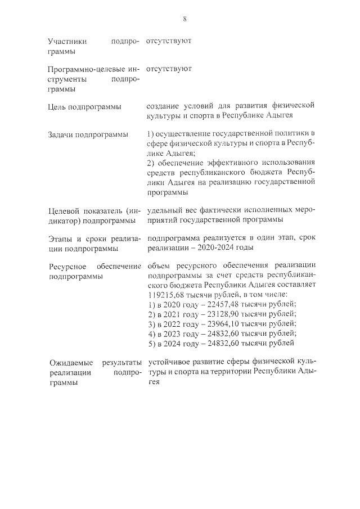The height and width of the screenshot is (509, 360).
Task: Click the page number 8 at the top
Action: click(184, 19)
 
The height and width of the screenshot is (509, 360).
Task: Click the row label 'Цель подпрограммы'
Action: click(83, 107)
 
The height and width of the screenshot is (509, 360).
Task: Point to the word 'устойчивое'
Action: click(168, 362)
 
